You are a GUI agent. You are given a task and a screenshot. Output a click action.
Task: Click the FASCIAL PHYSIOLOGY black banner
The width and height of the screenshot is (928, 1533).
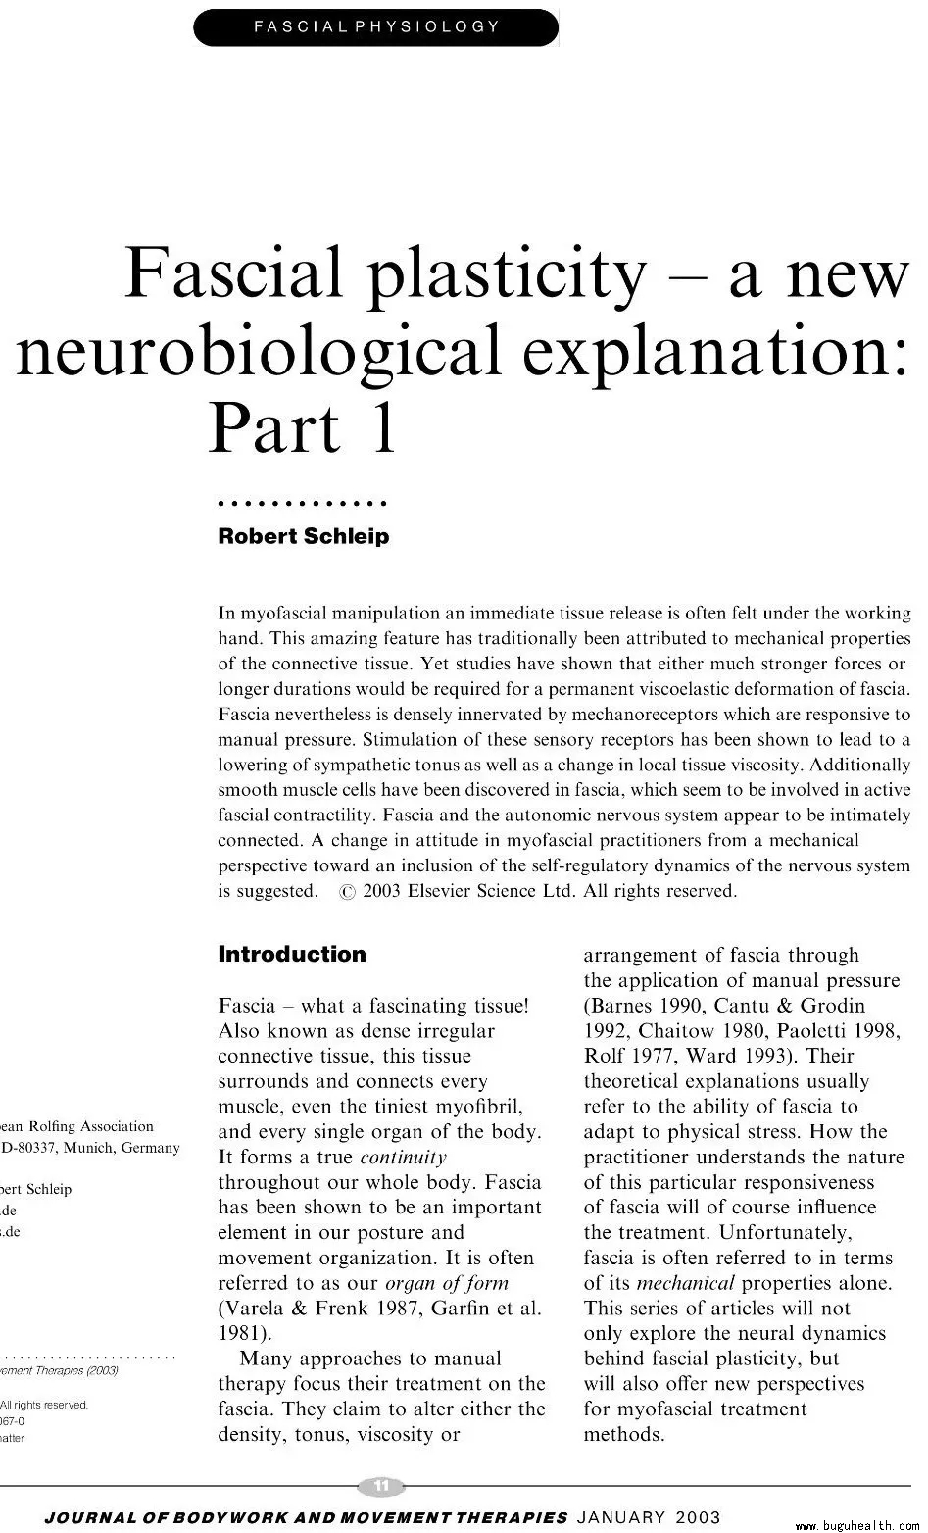click(x=376, y=26)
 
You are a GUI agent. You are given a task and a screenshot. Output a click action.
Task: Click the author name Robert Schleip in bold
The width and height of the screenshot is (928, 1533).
click(x=303, y=536)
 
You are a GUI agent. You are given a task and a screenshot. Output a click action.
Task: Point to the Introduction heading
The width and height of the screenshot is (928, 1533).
click(x=291, y=954)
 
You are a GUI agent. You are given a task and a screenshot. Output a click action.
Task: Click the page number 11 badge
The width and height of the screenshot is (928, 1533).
click(x=382, y=1486)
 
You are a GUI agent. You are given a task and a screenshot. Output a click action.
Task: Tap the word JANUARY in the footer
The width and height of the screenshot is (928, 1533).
click(x=623, y=1516)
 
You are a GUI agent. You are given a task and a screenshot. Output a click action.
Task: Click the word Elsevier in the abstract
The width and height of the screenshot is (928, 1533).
click(x=447, y=891)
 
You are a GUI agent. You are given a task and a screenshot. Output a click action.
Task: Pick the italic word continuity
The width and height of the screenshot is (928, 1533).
click(x=403, y=1157)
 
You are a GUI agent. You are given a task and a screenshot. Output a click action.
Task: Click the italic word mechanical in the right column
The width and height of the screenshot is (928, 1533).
click(x=685, y=1283)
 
